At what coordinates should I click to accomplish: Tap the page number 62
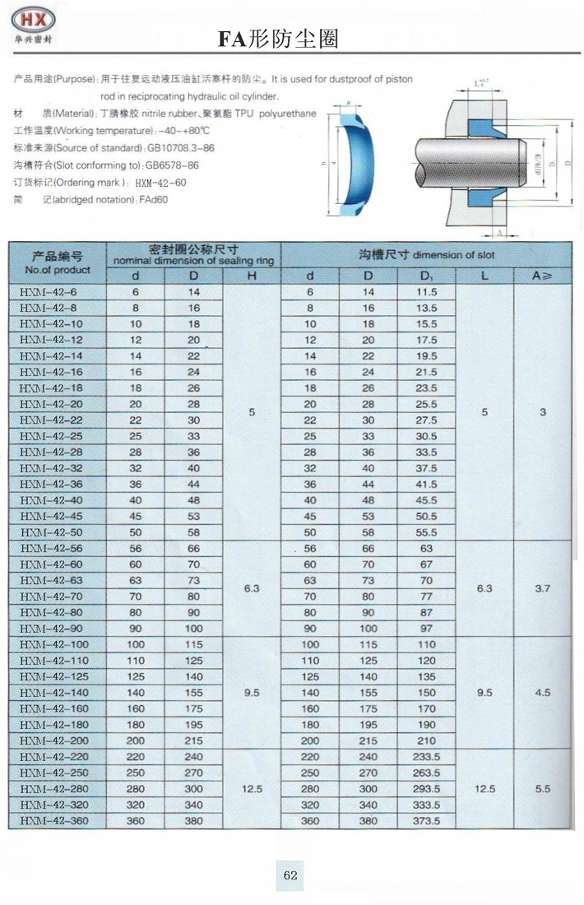[290, 875]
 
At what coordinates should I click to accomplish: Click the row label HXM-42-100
[53, 644]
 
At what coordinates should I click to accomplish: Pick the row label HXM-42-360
[53, 820]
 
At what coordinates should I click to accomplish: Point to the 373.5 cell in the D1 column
[426, 820]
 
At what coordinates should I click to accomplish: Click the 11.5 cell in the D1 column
[426, 292]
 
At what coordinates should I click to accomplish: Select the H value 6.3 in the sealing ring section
[253, 589]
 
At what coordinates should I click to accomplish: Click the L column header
[485, 276]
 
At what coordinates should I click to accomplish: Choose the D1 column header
[426, 276]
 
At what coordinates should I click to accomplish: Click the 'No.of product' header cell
[58, 262]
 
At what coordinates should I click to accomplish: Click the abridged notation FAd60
[155, 200]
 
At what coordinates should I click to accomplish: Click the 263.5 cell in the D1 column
[426, 773]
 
